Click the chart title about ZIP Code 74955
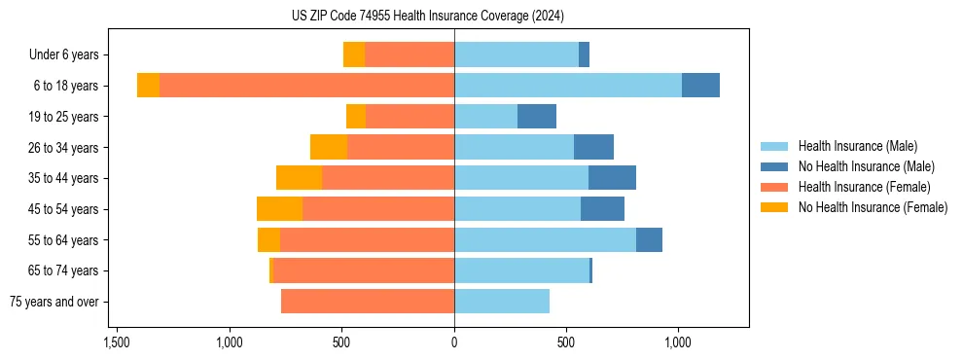coord(427,16)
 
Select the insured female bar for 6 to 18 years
coord(306,86)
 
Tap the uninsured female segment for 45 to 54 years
coord(279,209)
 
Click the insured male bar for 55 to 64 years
coord(545,240)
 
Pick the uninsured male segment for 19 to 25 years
coord(537,117)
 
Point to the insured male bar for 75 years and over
coord(502,302)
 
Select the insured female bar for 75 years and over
coord(368,302)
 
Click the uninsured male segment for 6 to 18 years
coord(700,86)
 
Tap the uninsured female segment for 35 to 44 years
coord(299,178)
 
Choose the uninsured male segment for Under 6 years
coord(584,54)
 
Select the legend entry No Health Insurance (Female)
coord(873,207)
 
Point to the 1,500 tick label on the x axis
coord(117,343)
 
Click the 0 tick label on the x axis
coord(454,343)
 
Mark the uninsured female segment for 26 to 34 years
coord(329,148)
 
